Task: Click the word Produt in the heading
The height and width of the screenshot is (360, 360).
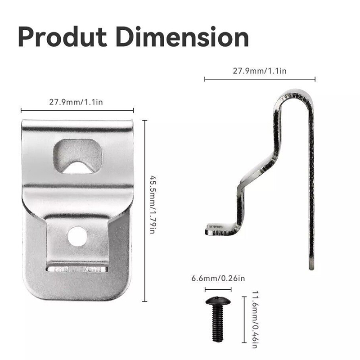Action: (63, 37)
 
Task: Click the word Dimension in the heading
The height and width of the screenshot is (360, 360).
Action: (183, 37)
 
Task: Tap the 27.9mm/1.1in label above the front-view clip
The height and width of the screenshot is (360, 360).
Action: (76, 102)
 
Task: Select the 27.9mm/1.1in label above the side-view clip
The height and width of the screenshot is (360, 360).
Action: (260, 71)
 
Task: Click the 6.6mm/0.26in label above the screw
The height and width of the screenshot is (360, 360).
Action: (218, 278)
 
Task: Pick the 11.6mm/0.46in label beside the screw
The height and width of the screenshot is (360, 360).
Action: (255, 319)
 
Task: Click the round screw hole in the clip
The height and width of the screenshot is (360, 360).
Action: (77, 236)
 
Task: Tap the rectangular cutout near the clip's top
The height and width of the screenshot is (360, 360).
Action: (77, 156)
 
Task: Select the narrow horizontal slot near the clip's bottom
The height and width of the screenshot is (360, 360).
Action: (77, 269)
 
